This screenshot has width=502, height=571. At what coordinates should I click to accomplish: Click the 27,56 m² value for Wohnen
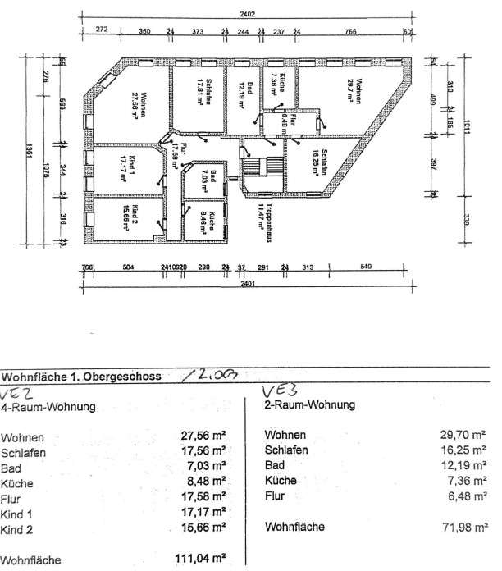(204, 437)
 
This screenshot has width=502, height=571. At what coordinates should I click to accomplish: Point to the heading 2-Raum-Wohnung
(310, 405)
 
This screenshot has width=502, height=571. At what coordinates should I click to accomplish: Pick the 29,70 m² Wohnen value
(465, 436)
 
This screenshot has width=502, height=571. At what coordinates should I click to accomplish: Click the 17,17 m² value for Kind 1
(204, 514)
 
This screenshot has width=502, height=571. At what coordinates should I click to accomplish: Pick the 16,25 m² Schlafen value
(466, 451)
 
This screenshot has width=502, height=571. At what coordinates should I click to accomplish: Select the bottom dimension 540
(367, 267)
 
